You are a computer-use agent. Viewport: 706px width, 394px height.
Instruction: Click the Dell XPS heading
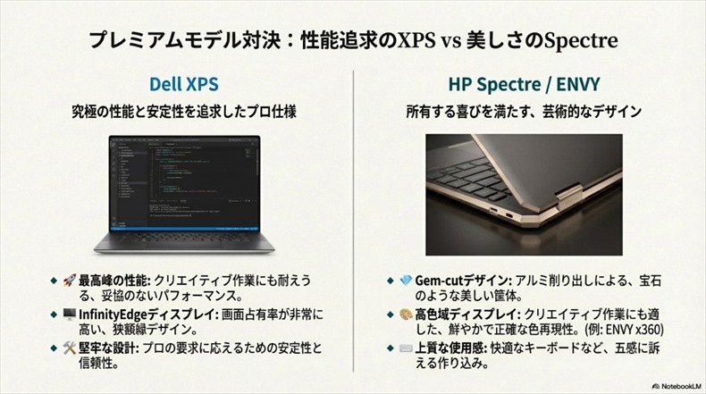pos(183,86)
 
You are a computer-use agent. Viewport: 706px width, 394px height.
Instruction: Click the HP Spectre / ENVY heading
pos(524,86)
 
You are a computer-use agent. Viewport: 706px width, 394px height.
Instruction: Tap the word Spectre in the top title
pos(580,41)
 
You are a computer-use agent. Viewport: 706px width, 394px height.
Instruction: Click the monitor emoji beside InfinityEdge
pos(69,314)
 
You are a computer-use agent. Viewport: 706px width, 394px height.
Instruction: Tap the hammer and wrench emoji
pos(69,348)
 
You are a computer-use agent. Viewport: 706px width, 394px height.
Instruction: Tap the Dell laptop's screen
pos(183,179)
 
